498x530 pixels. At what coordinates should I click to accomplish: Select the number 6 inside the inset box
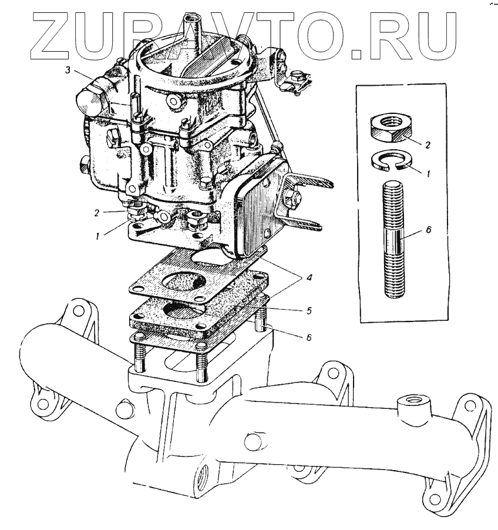pyautogui.click(x=427, y=231)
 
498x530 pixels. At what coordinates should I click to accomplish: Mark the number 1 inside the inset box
pyautogui.click(x=428, y=175)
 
